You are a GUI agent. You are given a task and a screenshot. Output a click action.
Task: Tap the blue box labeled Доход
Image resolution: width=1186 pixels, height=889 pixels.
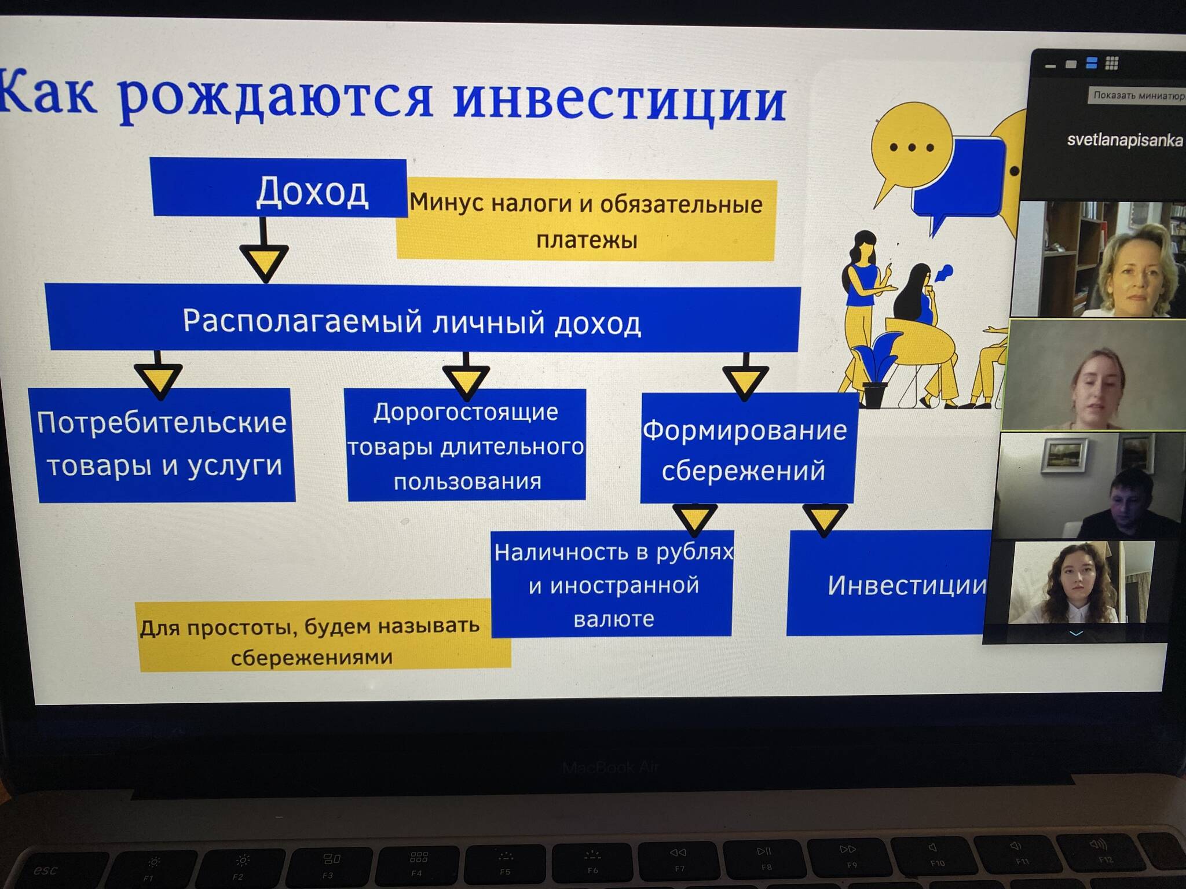[x=279, y=188]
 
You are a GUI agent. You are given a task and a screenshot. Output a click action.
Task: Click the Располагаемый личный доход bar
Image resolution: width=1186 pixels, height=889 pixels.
[x=423, y=318]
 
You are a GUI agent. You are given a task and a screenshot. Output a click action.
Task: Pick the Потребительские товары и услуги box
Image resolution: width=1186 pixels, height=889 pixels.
[x=162, y=444]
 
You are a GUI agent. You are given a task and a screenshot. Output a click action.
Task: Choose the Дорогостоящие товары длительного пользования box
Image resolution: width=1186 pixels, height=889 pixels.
[x=466, y=444]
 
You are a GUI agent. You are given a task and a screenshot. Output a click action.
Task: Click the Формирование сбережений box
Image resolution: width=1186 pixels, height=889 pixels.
[x=747, y=449]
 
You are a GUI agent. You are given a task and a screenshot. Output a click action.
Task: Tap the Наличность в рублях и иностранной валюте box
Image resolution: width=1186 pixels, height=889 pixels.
[x=613, y=583]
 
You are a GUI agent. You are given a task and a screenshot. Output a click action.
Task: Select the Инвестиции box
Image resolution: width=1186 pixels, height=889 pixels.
[x=889, y=583]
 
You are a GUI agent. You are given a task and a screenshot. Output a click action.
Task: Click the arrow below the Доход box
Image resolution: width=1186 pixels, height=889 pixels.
[x=264, y=249]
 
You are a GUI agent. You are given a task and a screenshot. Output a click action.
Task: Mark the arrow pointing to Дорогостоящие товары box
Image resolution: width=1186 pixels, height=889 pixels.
[x=466, y=376]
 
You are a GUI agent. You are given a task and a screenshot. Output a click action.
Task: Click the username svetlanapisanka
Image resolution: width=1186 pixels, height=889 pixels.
[x=1125, y=140]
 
